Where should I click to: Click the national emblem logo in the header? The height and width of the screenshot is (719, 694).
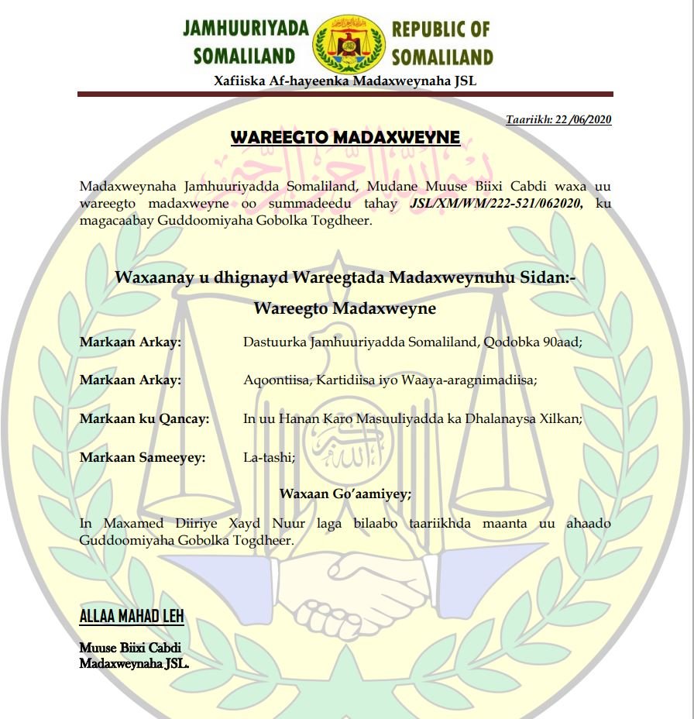[x=348, y=43]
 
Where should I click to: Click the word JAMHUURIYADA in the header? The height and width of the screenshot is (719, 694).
[x=246, y=29]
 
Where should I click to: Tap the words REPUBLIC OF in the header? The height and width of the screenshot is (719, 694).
[x=441, y=29]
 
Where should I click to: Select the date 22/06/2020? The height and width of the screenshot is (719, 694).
[x=584, y=120]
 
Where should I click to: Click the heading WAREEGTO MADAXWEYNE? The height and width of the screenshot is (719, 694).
[x=345, y=138]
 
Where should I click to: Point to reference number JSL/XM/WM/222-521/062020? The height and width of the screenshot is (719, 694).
[x=496, y=203]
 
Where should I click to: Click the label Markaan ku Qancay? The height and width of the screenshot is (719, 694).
[x=144, y=419]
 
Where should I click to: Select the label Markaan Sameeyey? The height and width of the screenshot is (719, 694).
[x=143, y=458]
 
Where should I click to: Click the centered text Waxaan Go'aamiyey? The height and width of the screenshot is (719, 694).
[x=345, y=494]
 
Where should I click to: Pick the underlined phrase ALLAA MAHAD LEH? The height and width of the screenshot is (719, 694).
[x=132, y=617]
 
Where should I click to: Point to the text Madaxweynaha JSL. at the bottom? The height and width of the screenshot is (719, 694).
[x=134, y=663]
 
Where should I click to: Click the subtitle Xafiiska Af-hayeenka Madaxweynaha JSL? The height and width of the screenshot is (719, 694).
[x=345, y=81]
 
